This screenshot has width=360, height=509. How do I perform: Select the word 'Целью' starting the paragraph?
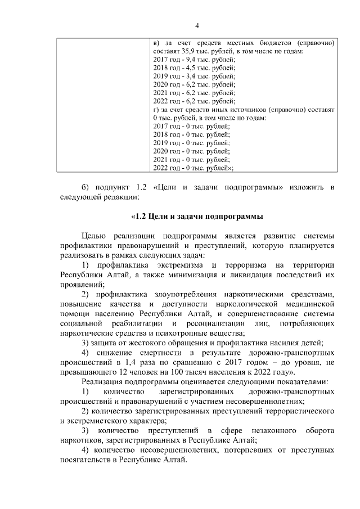(94, 236)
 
